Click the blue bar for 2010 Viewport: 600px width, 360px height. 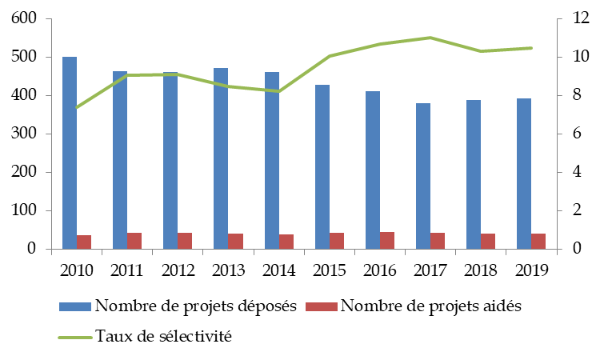click(70, 153)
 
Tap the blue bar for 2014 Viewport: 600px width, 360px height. click(271, 160)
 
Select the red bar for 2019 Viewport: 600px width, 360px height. click(538, 241)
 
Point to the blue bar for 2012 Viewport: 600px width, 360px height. click(170, 160)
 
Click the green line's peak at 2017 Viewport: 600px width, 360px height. click(430, 38)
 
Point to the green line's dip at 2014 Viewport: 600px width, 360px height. click(278, 91)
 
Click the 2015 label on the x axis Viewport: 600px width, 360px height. click(329, 269)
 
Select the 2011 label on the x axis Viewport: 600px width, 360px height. click(127, 269)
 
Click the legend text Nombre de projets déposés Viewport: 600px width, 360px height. click(196, 306)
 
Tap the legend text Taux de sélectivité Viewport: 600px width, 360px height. click(163, 336)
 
